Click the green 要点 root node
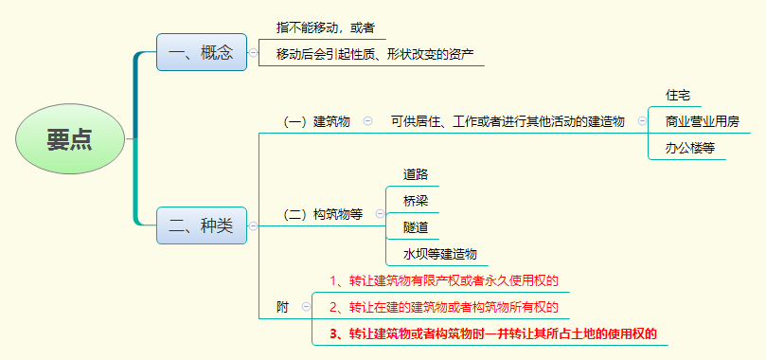tap(70, 139)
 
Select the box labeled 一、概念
tap(201, 52)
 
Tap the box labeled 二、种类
tap(201, 225)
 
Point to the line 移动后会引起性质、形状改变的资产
tap(375, 54)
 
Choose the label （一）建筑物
tap(317, 121)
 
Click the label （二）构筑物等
tap(323, 214)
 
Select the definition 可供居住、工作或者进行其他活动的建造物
tap(508, 121)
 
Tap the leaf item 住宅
tap(678, 95)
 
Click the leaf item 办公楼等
tap(689, 148)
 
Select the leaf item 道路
tap(416, 174)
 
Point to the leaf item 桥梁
tap(416, 201)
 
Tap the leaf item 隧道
tap(416, 227)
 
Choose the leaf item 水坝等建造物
tap(439, 254)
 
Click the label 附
tap(282, 307)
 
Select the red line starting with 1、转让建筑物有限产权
tap(444, 280)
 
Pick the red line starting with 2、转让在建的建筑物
tap(444, 307)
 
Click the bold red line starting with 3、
tap(492, 333)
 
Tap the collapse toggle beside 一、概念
tap(254, 53)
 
